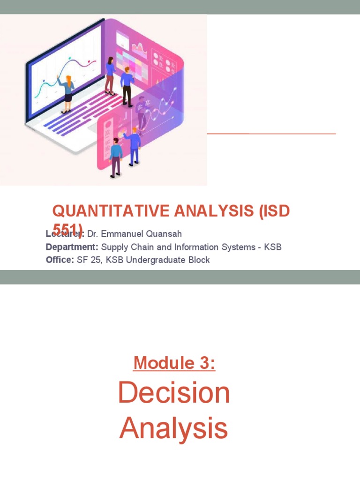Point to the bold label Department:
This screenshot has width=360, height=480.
(72, 247)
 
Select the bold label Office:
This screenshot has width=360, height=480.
(60, 260)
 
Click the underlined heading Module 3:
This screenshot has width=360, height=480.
(174, 363)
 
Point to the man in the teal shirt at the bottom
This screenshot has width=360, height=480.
(115, 157)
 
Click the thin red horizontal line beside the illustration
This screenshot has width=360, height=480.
(271, 134)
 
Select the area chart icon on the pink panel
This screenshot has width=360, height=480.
(139, 47)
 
